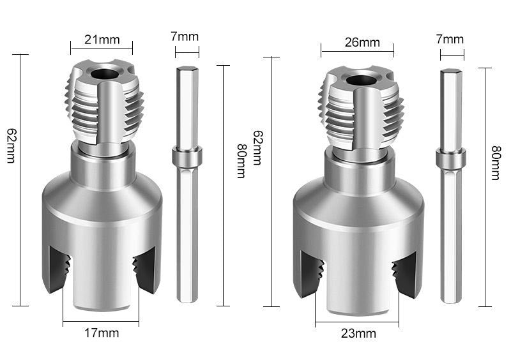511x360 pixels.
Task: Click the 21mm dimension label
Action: click(x=102, y=40)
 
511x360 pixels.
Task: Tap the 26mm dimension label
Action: click(x=362, y=42)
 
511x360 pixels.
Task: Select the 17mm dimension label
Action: click(x=102, y=333)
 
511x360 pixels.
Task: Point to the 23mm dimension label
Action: click(x=358, y=333)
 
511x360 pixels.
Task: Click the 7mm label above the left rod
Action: click(x=185, y=36)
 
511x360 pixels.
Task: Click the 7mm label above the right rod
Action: click(x=450, y=40)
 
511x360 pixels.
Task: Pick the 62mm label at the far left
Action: click(x=11, y=146)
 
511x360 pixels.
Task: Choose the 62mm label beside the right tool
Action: click(x=257, y=148)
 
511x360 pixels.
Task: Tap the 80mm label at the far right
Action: click(x=496, y=163)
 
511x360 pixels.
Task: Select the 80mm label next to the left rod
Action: click(x=241, y=161)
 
